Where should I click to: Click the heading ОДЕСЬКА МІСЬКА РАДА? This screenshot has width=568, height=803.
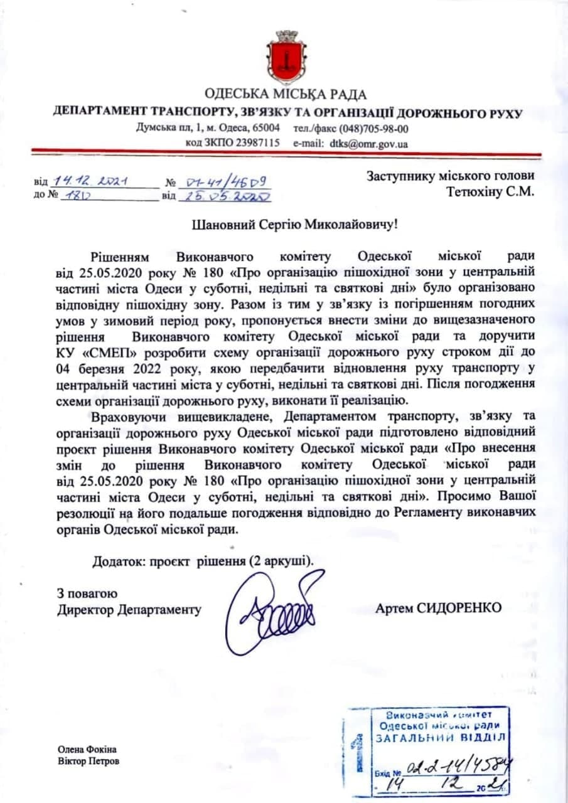coord(286,95)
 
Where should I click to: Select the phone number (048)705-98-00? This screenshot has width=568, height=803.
coord(373,129)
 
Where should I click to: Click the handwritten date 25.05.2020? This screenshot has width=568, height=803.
coord(225,196)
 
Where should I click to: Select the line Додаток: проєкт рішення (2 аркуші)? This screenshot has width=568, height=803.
coord(202,560)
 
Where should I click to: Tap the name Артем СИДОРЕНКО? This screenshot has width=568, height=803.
coord(439,608)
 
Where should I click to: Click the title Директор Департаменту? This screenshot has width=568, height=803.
coord(129,609)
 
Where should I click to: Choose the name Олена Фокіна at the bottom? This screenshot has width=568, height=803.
coord(87,750)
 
